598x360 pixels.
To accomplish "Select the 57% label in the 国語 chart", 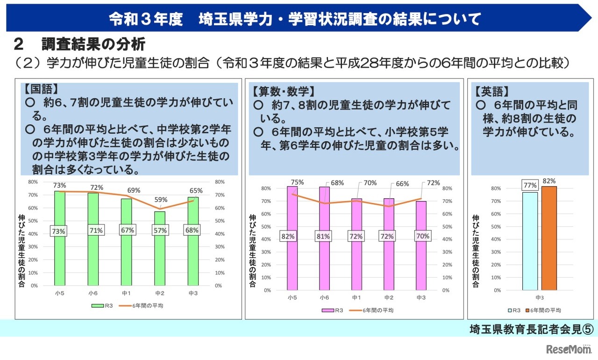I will [x=160, y=230].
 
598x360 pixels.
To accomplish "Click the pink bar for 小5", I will [x=292, y=266].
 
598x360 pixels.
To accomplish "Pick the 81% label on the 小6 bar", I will [x=324, y=237].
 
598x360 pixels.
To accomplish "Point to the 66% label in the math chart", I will [x=390, y=184].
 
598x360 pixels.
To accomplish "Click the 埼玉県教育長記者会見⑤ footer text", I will [x=531, y=329].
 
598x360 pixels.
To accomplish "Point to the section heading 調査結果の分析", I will [x=93, y=44].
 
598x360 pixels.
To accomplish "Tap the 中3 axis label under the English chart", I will [x=539, y=297].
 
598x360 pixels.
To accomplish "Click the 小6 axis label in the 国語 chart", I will [x=93, y=293].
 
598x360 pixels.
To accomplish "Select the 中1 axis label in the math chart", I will [x=356, y=297].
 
